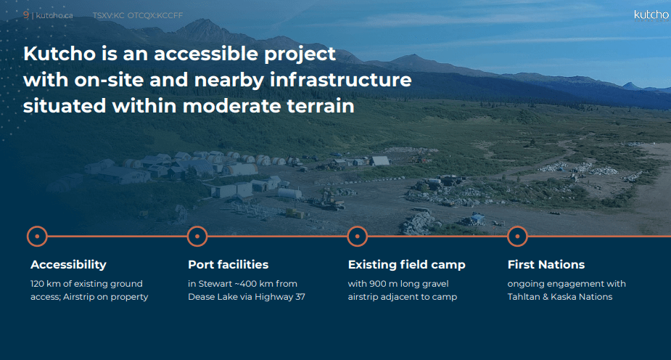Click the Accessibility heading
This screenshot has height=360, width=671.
point(68,265)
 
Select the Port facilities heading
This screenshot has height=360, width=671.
point(228,264)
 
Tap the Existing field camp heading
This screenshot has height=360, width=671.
point(406,265)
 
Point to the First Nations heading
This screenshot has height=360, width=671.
point(546,264)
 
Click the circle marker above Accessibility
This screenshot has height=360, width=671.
point(37,237)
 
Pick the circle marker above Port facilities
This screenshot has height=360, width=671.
point(197,237)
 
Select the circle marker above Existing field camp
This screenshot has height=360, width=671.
point(358,237)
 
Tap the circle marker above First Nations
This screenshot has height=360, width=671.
point(517,237)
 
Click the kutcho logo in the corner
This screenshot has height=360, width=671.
point(651,15)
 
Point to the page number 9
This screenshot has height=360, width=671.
point(26,15)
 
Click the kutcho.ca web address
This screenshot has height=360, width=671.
point(54,16)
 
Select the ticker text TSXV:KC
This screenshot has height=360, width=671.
point(108,15)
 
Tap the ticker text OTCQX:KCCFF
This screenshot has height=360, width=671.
point(155,15)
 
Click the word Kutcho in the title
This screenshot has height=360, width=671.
point(59,54)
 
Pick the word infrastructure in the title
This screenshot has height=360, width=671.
point(341,80)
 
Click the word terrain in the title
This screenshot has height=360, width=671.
point(321,106)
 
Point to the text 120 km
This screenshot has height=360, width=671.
point(46,284)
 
